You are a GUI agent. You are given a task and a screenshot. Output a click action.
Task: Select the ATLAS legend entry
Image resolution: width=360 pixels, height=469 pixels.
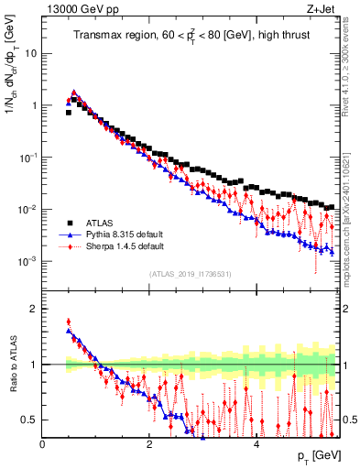pyautogui.click(x=97, y=223)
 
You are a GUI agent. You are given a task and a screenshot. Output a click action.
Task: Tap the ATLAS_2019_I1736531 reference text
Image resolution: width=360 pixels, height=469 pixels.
pyautogui.click(x=190, y=274)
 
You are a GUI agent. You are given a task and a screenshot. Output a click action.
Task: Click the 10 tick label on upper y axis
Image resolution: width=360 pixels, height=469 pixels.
pyautogui.click(x=29, y=53)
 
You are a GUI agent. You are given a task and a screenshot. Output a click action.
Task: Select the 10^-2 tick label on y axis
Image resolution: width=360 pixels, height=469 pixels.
pyautogui.click(x=27, y=210)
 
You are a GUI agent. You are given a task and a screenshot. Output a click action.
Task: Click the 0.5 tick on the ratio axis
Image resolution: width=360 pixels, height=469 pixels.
pyautogui.click(x=29, y=420)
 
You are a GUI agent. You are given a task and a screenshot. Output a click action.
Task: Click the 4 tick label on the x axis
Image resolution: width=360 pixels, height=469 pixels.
pyautogui.click(x=256, y=444)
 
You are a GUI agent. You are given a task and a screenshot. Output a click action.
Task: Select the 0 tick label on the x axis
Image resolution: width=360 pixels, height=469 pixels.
pyautogui.click(x=43, y=444)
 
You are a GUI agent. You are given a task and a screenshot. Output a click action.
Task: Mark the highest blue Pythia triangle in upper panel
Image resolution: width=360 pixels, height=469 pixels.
pyautogui.click(x=74, y=92)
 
